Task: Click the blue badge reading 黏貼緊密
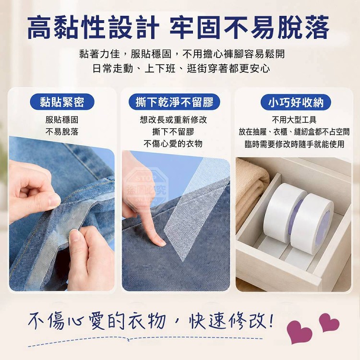62,102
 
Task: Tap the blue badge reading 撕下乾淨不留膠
175,102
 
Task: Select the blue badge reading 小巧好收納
296,102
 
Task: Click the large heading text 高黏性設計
93,27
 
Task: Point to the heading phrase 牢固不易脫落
250,27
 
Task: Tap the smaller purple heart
329,322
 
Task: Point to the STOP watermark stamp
146,187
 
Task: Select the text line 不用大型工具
294,120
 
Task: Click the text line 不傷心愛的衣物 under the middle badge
173,144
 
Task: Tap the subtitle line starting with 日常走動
181,69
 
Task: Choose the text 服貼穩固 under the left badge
62,120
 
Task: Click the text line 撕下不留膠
173,132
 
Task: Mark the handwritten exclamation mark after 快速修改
271,320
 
